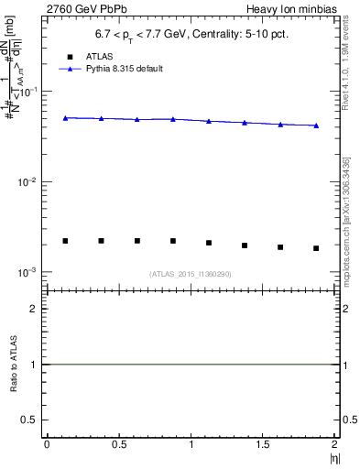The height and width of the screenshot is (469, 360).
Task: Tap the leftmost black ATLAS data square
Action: (65, 241)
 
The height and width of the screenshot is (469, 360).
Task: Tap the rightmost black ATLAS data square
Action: (316, 248)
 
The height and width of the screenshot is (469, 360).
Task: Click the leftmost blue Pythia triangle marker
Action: (65, 117)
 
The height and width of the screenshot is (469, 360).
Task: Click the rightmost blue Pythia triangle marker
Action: (316, 125)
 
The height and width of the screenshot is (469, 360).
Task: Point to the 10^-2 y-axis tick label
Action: (29, 182)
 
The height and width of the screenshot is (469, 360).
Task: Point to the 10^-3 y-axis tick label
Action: (29, 273)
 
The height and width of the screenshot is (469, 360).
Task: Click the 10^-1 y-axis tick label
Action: (29, 93)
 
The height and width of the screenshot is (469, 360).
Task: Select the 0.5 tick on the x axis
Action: (119, 442)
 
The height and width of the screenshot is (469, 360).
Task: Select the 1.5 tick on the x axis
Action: (263, 442)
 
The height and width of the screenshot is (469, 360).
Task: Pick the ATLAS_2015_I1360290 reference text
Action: (191, 274)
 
